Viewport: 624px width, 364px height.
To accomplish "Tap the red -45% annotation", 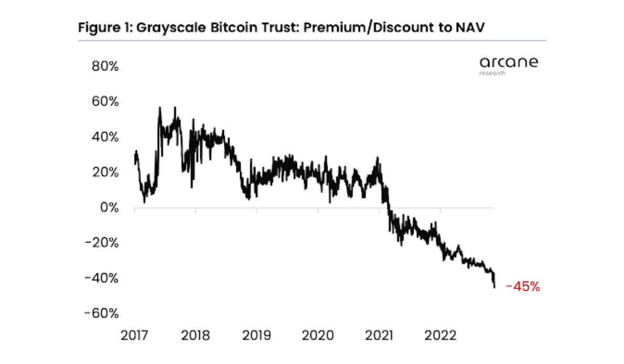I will coord(522,287).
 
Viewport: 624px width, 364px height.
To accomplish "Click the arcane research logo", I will coord(508,65).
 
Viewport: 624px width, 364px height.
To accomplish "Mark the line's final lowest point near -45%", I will coord(494,287).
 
